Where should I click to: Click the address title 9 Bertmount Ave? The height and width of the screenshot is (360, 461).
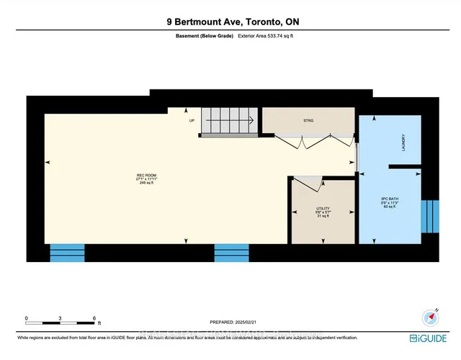(x=230, y=22)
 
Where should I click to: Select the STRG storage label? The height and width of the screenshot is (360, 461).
(x=308, y=121)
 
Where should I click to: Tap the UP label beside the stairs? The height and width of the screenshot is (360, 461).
(x=192, y=120)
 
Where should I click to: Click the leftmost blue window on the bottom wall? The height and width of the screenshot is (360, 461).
(x=66, y=253)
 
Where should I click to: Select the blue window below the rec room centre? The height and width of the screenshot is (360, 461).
(x=232, y=253)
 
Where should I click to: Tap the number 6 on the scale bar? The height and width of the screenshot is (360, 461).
(x=94, y=318)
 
